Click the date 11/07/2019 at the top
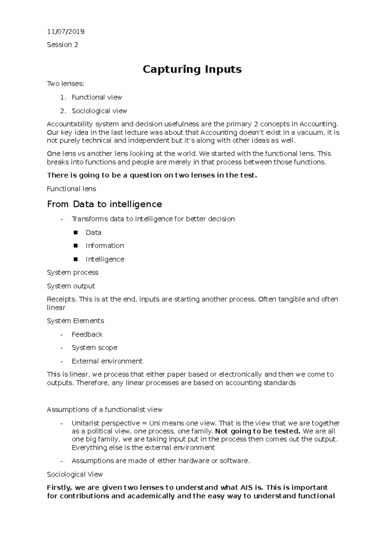click(66, 31)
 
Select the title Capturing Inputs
click(192, 69)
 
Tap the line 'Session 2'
click(62, 45)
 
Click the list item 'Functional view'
click(97, 97)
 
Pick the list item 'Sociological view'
click(99, 111)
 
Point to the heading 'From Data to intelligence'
click(104, 204)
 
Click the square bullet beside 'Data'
click(76, 232)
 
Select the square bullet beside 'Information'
click(76, 246)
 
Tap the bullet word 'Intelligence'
click(105, 259)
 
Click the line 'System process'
click(72, 273)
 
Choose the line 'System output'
click(71, 286)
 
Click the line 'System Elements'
click(75, 321)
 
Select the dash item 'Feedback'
click(87, 334)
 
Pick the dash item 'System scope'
click(94, 348)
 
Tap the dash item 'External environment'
click(107, 361)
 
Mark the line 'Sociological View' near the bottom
click(75, 474)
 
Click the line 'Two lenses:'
click(65, 84)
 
